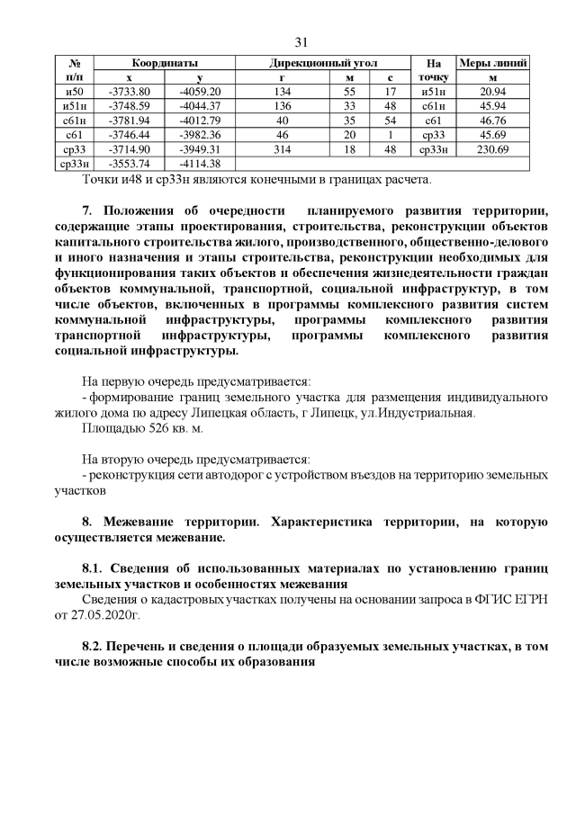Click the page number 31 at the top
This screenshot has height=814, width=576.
click(301, 42)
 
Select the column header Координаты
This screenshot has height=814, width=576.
click(165, 64)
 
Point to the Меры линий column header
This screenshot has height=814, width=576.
click(493, 64)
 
